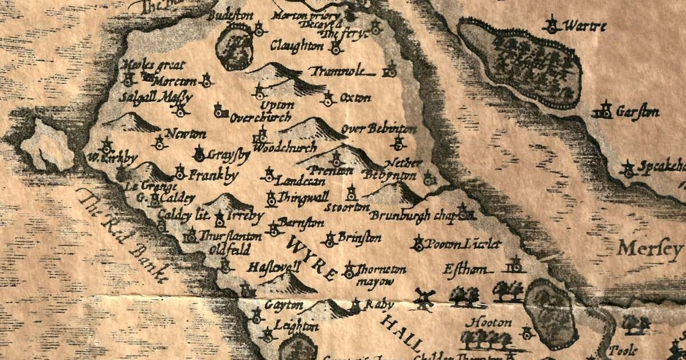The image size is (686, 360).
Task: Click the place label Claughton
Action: pos(297,46)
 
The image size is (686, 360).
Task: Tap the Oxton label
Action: pos(355,98)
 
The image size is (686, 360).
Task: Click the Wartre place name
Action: pos(584,26)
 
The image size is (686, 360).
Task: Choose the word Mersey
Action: pos(651,249)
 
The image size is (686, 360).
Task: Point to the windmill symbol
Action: pos(424,298)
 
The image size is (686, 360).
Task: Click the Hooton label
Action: pos(492,323)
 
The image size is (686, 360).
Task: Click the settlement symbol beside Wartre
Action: pos(552,24)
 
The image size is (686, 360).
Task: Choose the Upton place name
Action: pos(277,106)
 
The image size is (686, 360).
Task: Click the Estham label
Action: pos(467,269)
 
